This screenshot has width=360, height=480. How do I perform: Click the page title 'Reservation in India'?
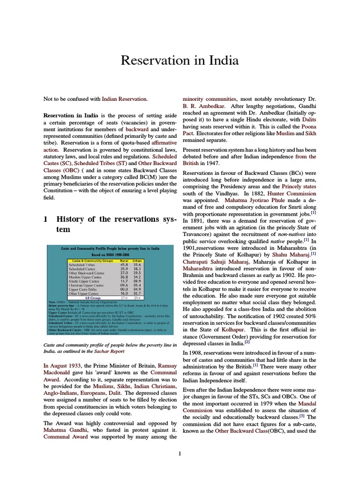tap(180, 60)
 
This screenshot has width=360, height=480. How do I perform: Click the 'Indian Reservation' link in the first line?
tap(126, 99)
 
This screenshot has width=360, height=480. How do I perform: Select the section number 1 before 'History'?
tap(45, 219)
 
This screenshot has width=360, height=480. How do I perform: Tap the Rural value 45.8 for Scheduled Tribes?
tap(124, 264)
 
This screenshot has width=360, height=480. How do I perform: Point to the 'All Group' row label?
tap(92, 297)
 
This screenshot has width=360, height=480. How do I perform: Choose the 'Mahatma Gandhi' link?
tap(63, 429)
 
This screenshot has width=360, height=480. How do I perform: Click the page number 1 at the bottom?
tap(180, 453)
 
